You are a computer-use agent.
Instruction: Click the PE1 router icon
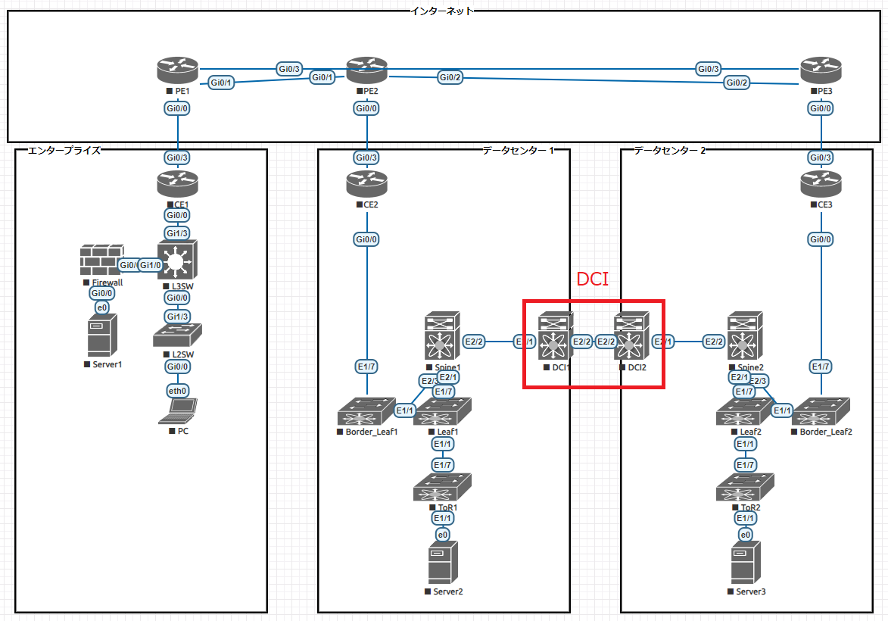[177, 71]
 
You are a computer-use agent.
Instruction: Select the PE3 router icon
[821, 71]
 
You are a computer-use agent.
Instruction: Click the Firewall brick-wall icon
[101, 261]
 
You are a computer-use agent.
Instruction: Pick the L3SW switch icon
[177, 262]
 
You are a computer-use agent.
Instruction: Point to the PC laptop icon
[177, 411]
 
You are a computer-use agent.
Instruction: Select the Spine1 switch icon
[443, 338]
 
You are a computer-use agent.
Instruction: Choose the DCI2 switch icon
[631, 338]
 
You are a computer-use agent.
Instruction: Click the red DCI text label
[593, 279]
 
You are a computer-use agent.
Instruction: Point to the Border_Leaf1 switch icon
[366, 413]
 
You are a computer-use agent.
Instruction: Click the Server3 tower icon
[746, 563]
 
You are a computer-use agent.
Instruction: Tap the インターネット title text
[442, 11]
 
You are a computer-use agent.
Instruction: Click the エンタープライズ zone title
[64, 151]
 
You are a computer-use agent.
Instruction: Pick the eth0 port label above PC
[178, 391]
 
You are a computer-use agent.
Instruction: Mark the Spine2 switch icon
[746, 338]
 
